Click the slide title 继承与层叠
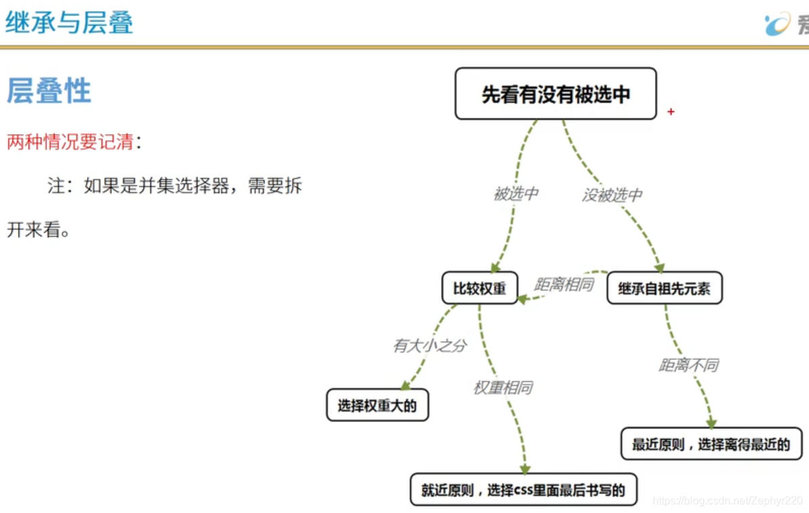(x=70, y=23)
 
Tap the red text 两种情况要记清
(x=70, y=142)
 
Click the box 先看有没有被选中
(x=555, y=94)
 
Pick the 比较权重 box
(x=480, y=288)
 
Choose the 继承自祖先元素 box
(x=664, y=289)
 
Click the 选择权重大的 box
(x=377, y=405)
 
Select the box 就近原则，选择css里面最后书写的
(x=524, y=489)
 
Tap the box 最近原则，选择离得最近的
(x=711, y=444)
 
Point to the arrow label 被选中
(x=515, y=194)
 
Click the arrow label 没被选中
(x=612, y=196)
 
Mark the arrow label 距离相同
(x=563, y=284)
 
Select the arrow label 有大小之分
(x=430, y=345)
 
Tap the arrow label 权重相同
(x=503, y=388)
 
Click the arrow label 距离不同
(x=689, y=365)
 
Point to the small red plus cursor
(x=671, y=112)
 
